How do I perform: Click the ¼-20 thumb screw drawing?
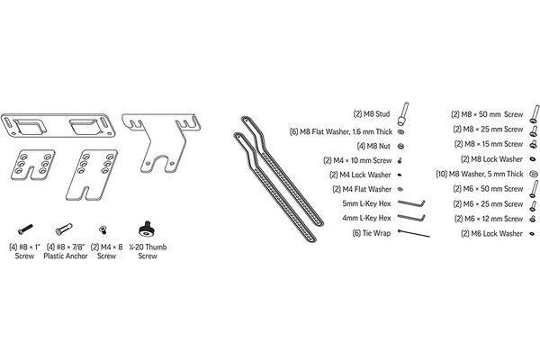point(147,229)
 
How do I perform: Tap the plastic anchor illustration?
point(64,229)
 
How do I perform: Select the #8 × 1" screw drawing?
point(25,229)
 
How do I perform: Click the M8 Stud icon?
point(403,114)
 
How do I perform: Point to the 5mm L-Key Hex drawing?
point(411,203)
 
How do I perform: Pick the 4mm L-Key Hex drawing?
point(411,218)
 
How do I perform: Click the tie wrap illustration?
point(414,233)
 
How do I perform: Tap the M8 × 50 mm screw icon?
point(534,114)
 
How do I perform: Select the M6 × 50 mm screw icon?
point(534,189)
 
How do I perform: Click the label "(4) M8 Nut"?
point(373,146)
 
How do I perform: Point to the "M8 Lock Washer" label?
point(497,159)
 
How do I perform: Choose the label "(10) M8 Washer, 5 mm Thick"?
point(480,174)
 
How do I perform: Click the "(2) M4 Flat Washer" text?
point(362,189)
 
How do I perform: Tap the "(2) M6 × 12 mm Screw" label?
point(489,219)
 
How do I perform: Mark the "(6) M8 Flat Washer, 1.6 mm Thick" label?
point(341,131)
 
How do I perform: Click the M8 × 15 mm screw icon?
point(534,144)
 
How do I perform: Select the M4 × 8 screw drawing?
point(103,229)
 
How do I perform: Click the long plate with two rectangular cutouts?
point(58,125)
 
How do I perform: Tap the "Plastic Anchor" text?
point(66,256)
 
